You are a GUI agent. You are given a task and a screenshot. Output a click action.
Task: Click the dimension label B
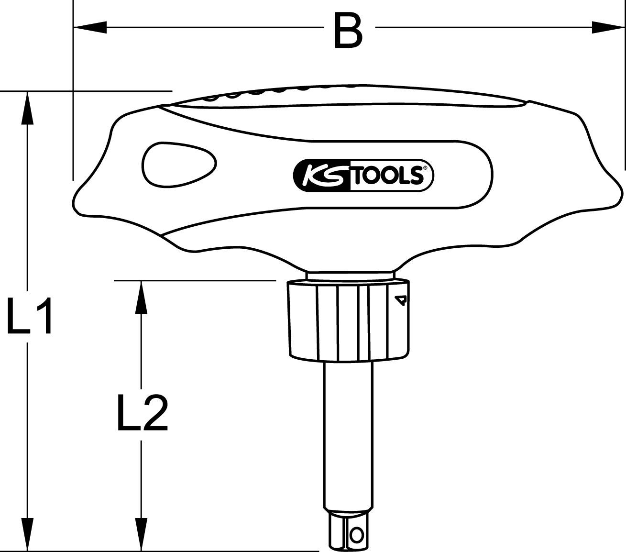click(348, 30)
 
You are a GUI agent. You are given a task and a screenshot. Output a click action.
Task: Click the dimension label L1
click(30, 315)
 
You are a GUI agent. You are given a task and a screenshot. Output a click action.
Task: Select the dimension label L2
click(142, 412)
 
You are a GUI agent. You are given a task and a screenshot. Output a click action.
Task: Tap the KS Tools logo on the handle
click(362, 176)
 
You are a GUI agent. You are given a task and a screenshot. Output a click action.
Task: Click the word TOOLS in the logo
click(387, 176)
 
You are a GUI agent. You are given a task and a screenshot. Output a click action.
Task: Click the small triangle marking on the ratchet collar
click(401, 300)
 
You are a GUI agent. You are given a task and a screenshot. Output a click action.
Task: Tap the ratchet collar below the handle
click(348, 320)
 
